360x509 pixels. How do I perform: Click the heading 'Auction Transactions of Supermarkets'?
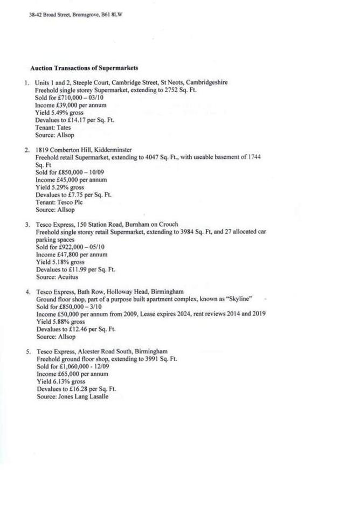84,68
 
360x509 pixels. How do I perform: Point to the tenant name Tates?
64,128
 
